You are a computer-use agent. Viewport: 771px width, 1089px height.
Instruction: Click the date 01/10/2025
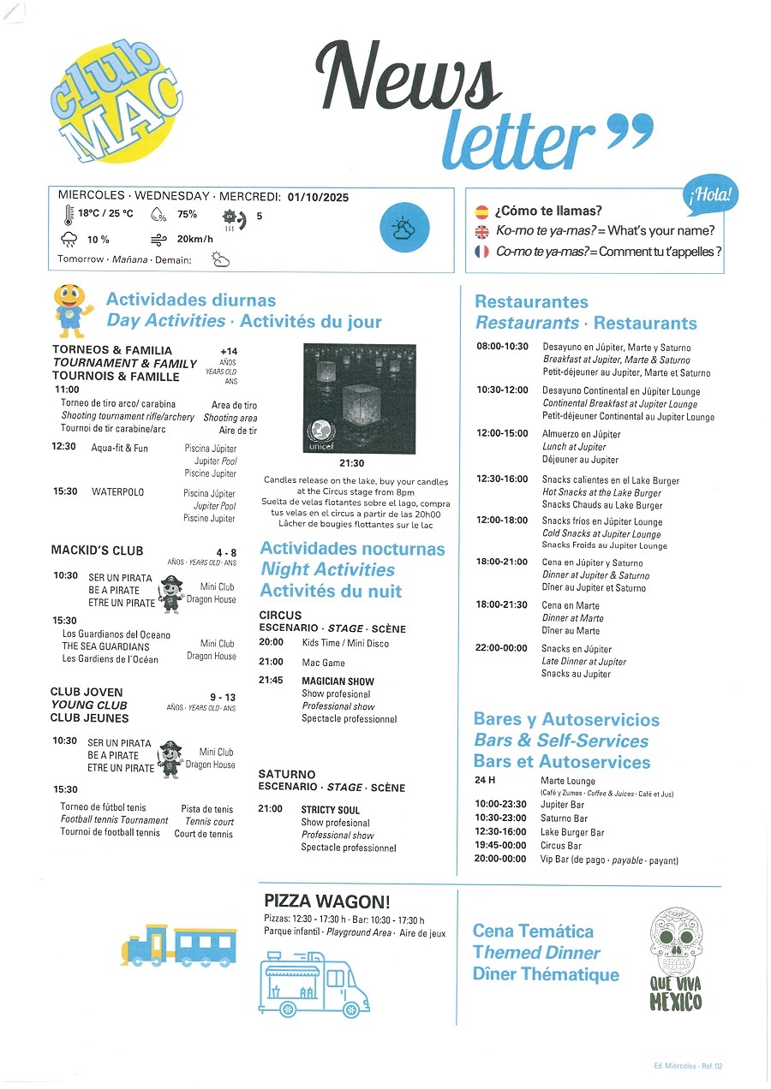pyautogui.click(x=318, y=197)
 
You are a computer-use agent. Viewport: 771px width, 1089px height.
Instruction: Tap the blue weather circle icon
pyautogui.click(x=403, y=228)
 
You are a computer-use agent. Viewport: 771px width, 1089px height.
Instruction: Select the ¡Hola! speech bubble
pyautogui.click(x=710, y=196)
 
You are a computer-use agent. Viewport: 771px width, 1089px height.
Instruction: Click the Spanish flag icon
pyautogui.click(x=481, y=211)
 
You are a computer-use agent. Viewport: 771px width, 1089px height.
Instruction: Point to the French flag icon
pyautogui.click(x=481, y=252)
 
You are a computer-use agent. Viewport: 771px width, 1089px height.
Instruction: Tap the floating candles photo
pyautogui.click(x=360, y=399)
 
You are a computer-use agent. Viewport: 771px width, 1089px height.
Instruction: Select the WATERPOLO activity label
pyautogui.click(x=118, y=492)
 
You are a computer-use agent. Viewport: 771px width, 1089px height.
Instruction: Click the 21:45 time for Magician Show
pyautogui.click(x=271, y=681)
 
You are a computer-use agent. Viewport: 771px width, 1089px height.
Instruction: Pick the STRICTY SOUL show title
pyautogui.click(x=331, y=810)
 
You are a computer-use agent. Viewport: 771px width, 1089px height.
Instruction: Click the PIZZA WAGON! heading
pyautogui.click(x=326, y=901)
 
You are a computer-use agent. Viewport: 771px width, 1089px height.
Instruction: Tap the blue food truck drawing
pyautogui.click(x=314, y=990)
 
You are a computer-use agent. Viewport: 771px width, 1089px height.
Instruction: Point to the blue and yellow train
pyautogui.click(x=178, y=947)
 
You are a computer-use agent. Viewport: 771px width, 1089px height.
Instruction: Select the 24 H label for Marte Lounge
pyautogui.click(x=485, y=781)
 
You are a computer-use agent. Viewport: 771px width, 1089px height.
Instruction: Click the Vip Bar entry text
pyautogui.click(x=609, y=860)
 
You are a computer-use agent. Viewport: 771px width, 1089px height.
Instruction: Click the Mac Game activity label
pyautogui.click(x=324, y=663)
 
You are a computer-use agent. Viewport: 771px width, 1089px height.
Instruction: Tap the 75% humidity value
pyautogui.click(x=187, y=215)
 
